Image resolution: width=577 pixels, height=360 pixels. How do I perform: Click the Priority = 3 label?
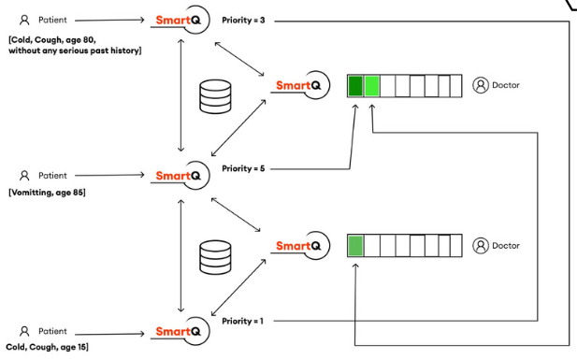pyautogui.click(x=243, y=20)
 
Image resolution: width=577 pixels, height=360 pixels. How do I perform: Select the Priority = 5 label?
pyautogui.click(x=243, y=168)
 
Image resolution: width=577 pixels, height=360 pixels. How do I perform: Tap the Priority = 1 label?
pyautogui.click(x=243, y=321)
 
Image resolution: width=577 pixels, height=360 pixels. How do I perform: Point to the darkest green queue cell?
pyautogui.click(x=355, y=87)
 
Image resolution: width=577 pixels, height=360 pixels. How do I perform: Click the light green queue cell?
pyautogui.click(x=372, y=87)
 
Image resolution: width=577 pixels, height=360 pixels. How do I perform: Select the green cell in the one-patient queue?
pyautogui.click(x=355, y=246)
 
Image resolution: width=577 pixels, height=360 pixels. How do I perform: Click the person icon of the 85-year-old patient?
pyautogui.click(x=25, y=175)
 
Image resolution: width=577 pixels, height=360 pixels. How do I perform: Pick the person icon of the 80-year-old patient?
pyautogui.click(x=25, y=19)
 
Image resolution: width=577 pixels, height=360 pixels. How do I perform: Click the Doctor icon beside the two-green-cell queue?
pyautogui.click(x=481, y=85)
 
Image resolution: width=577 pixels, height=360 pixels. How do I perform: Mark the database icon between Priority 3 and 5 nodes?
pyautogui.click(x=215, y=96)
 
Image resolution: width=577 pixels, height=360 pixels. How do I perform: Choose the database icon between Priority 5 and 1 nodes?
pyautogui.click(x=215, y=255)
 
